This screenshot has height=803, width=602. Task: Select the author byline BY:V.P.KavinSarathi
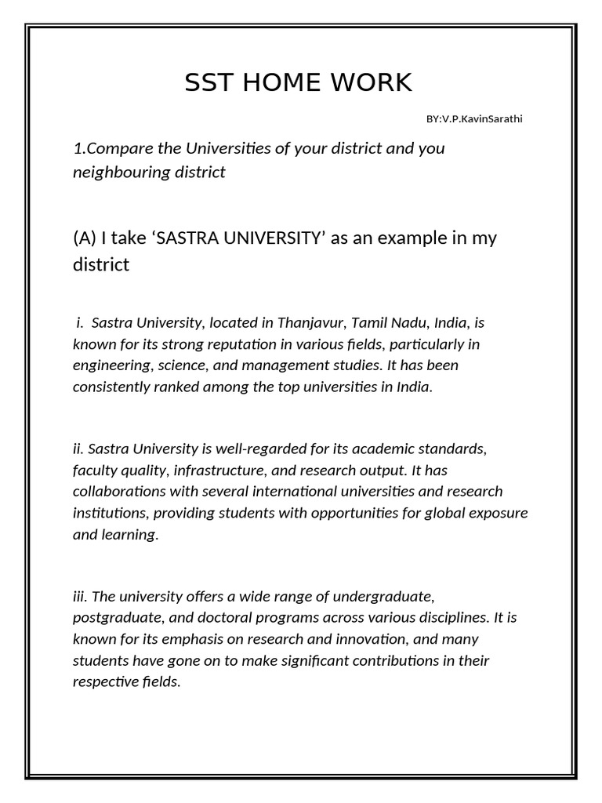474,119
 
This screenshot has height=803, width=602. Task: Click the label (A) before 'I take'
85,238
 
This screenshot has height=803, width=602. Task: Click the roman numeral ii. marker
78,449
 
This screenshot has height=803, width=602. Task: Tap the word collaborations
119,492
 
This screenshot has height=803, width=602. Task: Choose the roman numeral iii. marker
80,597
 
